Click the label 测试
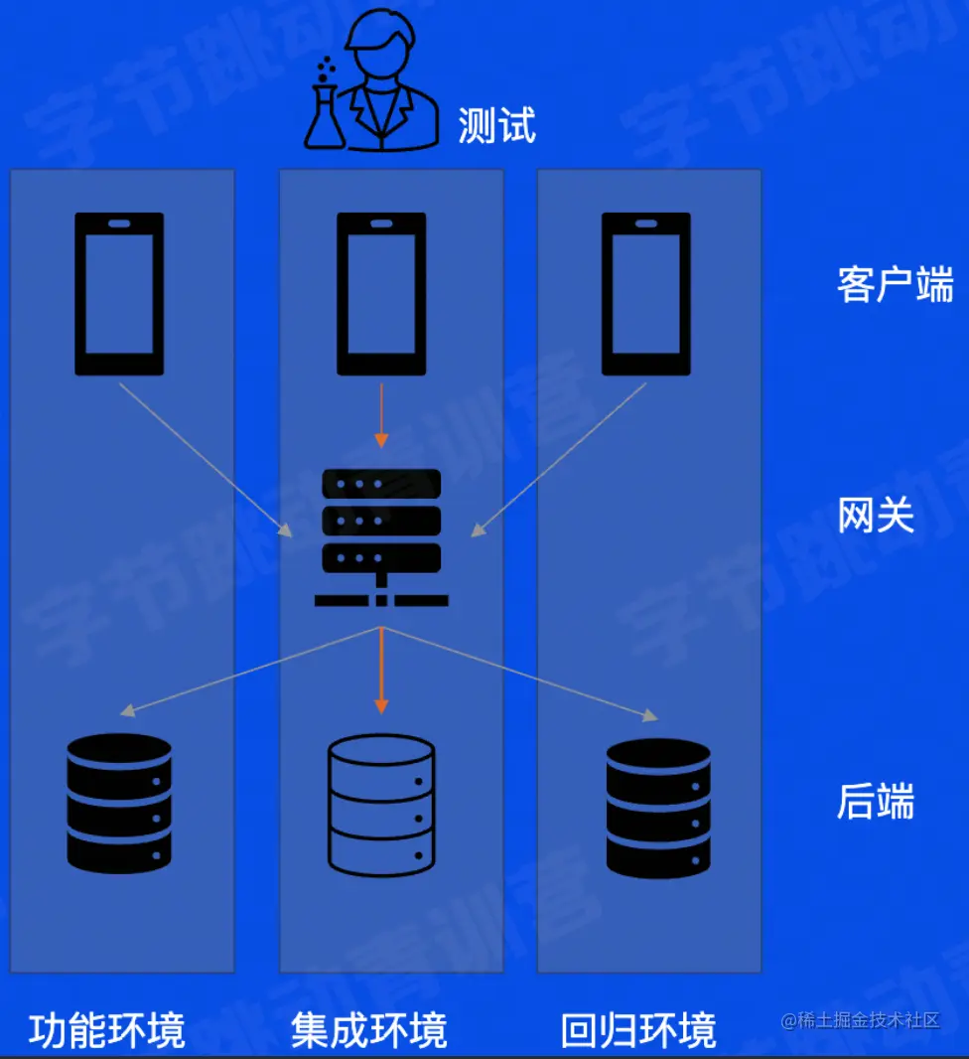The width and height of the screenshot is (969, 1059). point(496,126)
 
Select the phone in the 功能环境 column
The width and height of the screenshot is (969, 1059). point(119,294)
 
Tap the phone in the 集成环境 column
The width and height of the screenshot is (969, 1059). point(381,294)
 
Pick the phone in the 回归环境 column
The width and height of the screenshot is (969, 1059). point(646,294)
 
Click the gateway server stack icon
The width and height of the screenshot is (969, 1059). point(381,536)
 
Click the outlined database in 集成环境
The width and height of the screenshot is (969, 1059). point(381,805)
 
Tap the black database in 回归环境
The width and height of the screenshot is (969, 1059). point(658,807)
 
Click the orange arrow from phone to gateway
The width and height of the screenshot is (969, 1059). point(381,413)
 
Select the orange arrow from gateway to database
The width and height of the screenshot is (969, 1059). point(381,670)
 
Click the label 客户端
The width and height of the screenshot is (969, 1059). point(895,284)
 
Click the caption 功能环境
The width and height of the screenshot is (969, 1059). point(107,1030)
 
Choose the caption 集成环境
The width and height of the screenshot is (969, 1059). point(369,1030)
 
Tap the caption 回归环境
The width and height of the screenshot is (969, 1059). point(638,1030)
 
